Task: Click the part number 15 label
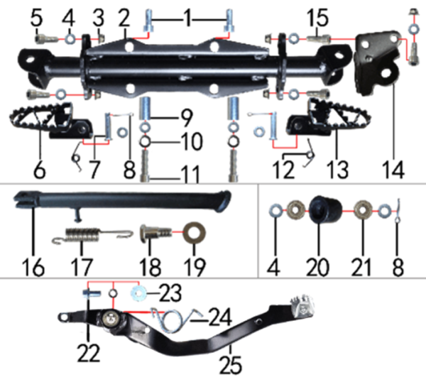click(318, 18)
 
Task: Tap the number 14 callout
click(393, 170)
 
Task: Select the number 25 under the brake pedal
click(230, 366)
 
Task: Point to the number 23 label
click(170, 293)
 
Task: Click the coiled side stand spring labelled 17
click(92, 235)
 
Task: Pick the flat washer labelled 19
click(195, 233)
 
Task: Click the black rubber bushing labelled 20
click(325, 210)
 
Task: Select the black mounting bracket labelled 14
click(378, 62)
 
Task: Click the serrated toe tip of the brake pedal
click(302, 306)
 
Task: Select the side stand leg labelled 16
click(122, 203)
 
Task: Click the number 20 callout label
click(317, 266)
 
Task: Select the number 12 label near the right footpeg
click(283, 170)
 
